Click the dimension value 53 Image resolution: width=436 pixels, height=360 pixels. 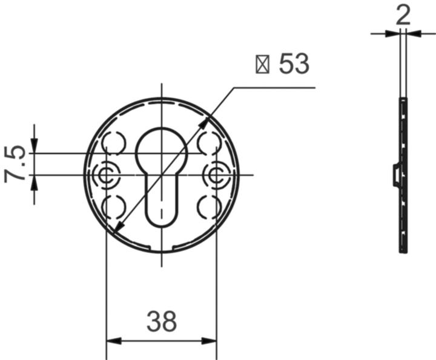tap(294, 64)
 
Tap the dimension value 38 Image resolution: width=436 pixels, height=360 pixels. tap(161, 321)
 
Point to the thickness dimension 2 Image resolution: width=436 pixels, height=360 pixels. tap(403, 14)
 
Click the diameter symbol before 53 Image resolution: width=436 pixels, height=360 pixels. tap(263, 64)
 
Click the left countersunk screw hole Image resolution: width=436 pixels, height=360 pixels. tap(107, 175)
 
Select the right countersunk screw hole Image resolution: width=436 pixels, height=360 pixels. tap(216, 175)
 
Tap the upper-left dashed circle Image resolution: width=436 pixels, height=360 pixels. tap(113, 143)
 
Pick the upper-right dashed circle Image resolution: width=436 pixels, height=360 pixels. tap(210, 143)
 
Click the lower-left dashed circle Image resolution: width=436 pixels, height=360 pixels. tap(113, 207)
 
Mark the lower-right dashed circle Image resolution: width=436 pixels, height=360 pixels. tap(210, 207)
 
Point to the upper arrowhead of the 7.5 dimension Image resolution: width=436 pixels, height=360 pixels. tap(34, 146)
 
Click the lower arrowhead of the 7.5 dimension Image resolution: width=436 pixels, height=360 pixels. tap(34, 182)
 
